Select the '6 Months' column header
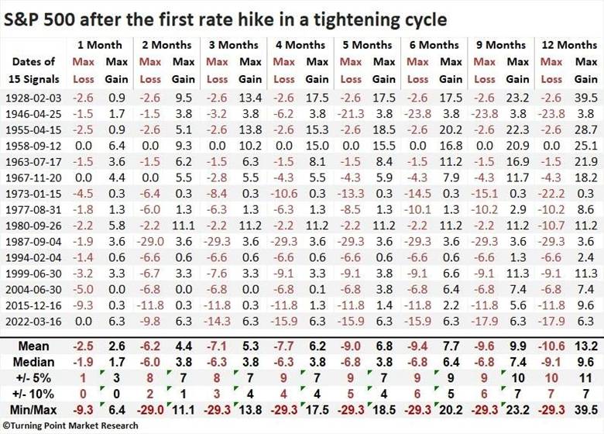tap(434, 45)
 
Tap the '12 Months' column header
tap(569, 45)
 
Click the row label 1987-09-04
tap(33, 242)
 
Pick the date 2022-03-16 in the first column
tap(33, 322)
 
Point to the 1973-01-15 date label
tap(33, 194)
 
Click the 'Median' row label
tap(33, 362)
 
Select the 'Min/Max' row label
tap(33, 410)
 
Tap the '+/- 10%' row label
tap(33, 394)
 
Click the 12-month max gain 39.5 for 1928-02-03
tap(586, 98)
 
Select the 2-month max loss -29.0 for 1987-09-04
tap(150, 242)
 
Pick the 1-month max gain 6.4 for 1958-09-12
tap(117, 146)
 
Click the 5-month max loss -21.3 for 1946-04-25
tap(351, 114)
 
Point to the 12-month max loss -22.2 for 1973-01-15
tap(551, 194)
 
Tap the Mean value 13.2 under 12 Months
tap(586, 346)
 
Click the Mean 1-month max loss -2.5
tap(83, 346)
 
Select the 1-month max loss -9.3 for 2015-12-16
tap(83, 305)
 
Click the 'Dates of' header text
tap(33, 62)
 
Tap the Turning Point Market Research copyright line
tap(70, 425)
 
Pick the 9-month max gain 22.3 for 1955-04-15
tap(518, 130)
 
